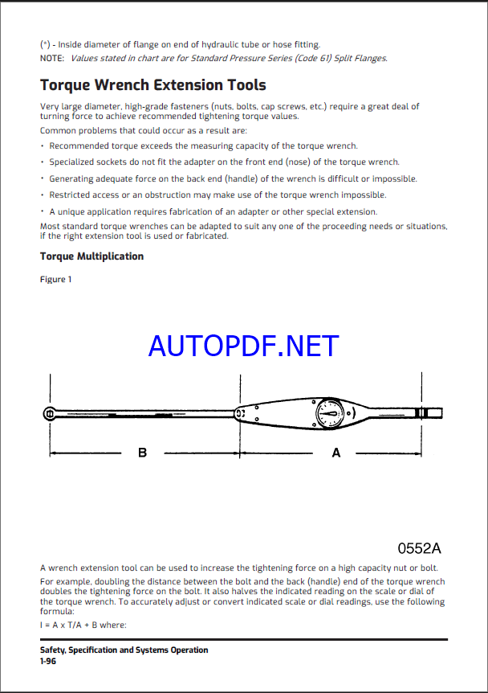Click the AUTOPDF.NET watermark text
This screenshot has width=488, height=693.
[244, 346]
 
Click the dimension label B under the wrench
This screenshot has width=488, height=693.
[142, 453]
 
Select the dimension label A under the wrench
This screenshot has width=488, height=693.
[336, 453]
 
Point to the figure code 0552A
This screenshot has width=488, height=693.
[420, 548]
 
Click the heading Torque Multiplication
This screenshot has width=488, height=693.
[91, 256]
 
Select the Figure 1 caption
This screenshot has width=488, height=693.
[56, 279]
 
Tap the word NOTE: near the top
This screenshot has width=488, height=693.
[53, 58]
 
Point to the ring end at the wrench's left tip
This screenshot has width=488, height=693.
[50, 413]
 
